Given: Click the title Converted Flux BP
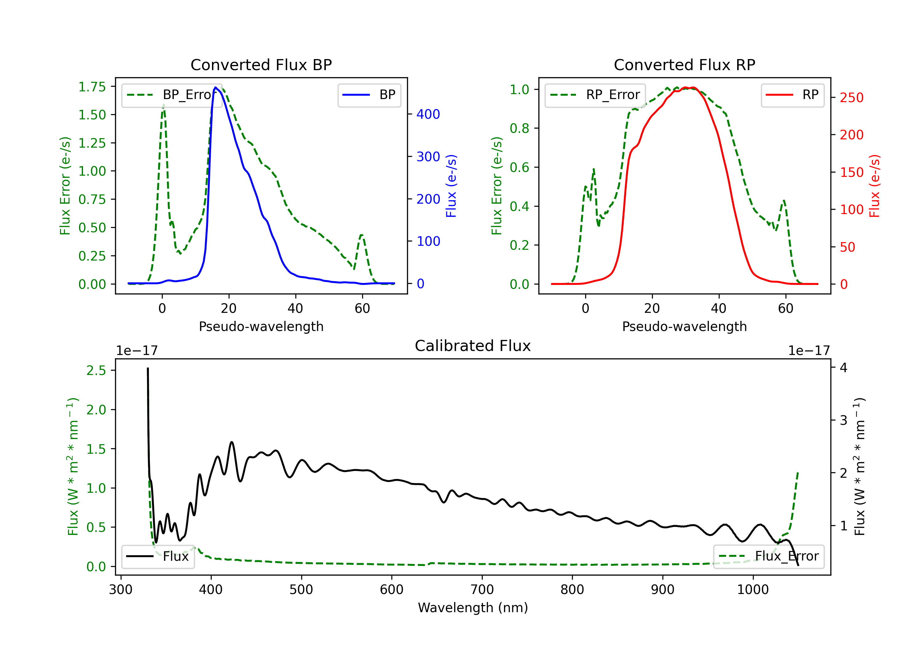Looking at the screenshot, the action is [x=261, y=65].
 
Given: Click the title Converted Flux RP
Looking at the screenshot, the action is [x=684, y=65].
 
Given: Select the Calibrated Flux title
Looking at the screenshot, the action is [x=473, y=346].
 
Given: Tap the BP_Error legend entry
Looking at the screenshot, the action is [x=172, y=95].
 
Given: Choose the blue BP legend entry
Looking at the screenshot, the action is [x=369, y=95].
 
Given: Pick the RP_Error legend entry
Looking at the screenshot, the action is [x=595, y=95].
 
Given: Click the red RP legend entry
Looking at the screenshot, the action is [x=792, y=95].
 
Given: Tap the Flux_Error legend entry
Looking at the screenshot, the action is [x=769, y=556].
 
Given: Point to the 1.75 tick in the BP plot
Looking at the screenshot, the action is [x=92, y=87].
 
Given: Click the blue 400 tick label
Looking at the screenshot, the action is [x=428, y=114].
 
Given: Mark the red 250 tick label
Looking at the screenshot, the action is [x=851, y=98].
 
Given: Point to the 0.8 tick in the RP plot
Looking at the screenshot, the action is [x=519, y=128].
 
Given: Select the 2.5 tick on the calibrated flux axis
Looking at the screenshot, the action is [x=96, y=370].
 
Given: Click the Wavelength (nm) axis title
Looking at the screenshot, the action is [x=473, y=608].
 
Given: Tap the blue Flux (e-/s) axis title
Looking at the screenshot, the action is [x=451, y=186].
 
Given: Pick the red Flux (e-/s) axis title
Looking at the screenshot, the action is [x=875, y=186].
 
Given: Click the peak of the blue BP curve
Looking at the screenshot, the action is [x=215, y=87].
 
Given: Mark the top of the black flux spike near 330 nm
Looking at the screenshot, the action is [x=148, y=368].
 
